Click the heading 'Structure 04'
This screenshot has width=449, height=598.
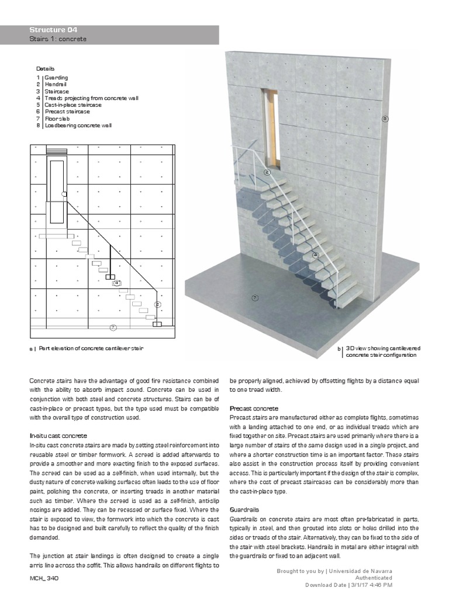[53, 30]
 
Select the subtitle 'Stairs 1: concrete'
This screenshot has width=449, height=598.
[58, 39]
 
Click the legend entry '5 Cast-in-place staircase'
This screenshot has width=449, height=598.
[69, 105]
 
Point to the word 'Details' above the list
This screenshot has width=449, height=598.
[45, 69]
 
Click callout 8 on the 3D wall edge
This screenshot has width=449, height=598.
[385, 119]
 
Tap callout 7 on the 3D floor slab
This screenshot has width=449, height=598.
[255, 298]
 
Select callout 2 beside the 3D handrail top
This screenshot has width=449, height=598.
[267, 172]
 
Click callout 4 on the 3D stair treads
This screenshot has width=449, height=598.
[315, 255]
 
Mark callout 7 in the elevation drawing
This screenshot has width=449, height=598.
[113, 327]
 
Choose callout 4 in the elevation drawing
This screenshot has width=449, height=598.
[117, 283]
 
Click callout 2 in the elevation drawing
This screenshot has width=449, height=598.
[157, 304]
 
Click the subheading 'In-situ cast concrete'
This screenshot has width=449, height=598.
[58, 436]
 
